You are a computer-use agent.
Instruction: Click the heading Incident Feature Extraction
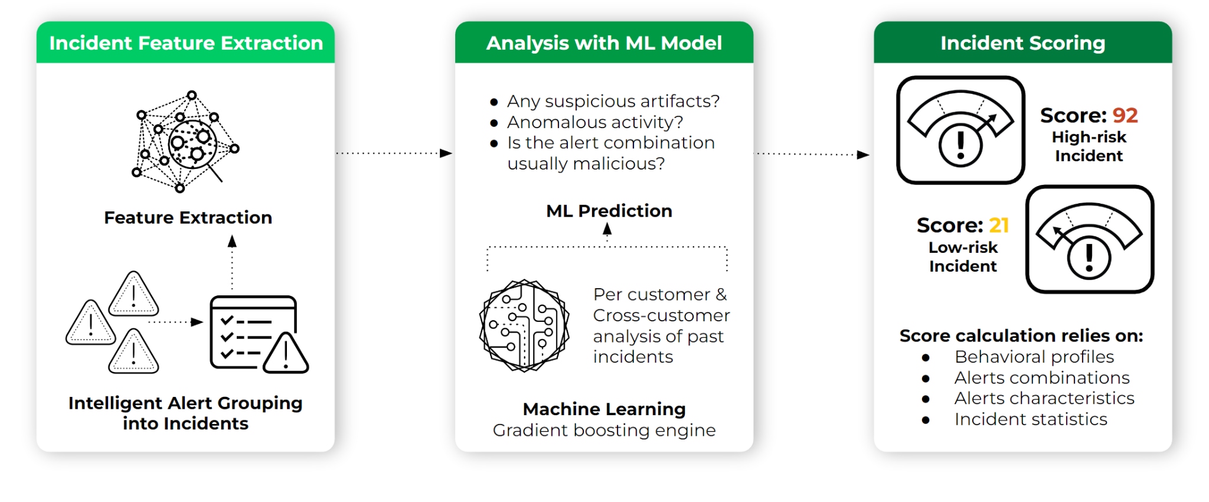pos(186,43)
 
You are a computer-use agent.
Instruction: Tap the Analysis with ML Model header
pos(604,43)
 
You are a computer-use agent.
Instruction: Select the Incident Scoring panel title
pos(1022,43)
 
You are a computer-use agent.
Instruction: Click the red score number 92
pos(1125,115)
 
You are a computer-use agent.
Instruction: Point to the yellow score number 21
pos(999,225)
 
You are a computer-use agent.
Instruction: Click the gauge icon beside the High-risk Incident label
pos(960,130)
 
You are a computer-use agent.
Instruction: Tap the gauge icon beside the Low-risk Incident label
pos(1090,239)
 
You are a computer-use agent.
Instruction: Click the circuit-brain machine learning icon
pos(524,326)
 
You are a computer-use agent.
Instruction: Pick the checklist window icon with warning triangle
pos(259,334)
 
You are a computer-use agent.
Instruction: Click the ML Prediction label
pos(609,211)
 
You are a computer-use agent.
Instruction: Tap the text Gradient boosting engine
pos(604,431)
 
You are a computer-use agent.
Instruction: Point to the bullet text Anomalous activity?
pos(595,122)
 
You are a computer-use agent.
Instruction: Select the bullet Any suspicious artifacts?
pos(613,102)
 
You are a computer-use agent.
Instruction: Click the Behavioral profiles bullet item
pos(1034,357)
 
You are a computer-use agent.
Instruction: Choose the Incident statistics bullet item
pos(1031,419)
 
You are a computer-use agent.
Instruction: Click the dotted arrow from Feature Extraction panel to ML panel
pos(394,154)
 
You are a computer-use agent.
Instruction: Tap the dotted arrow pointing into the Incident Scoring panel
pos(812,155)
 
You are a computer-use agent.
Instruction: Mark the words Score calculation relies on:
pos(1021,336)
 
